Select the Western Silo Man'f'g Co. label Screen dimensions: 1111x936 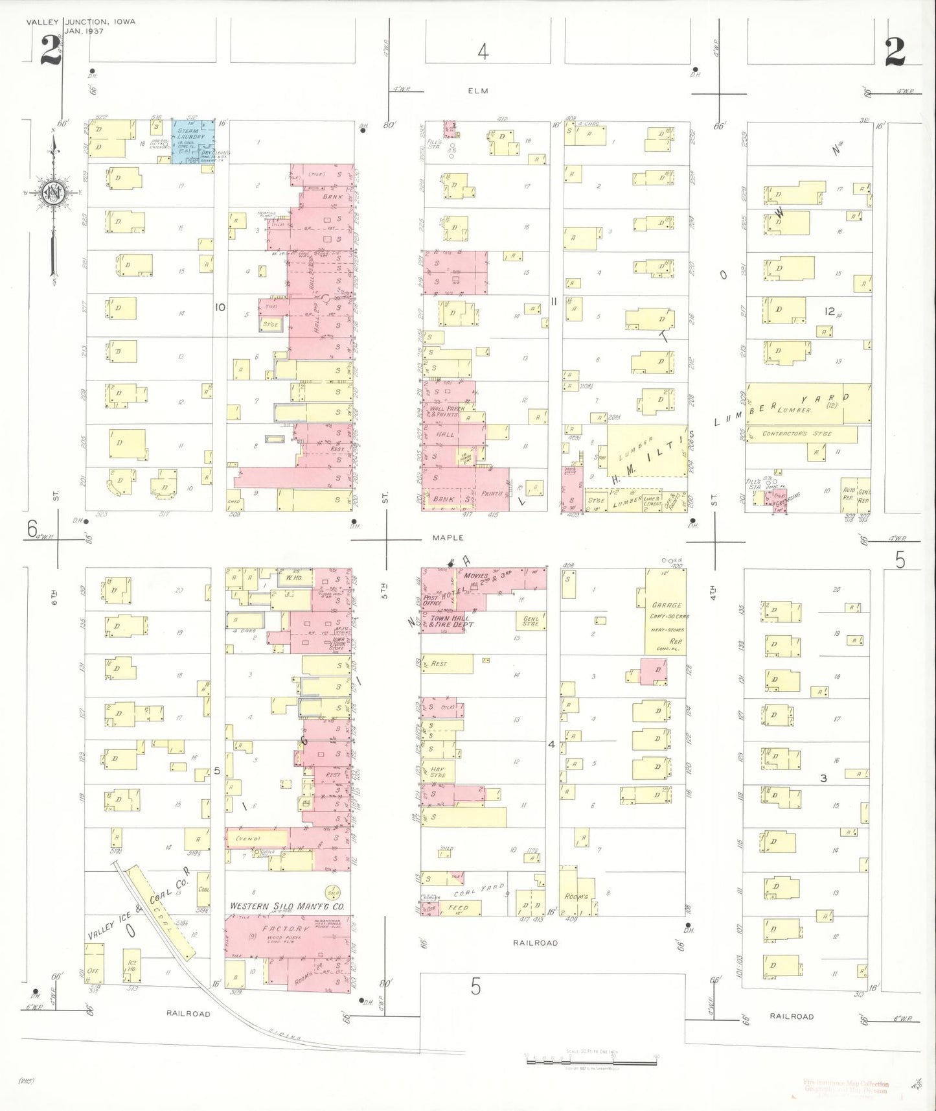tap(288, 906)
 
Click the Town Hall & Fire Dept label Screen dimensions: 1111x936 tap(451, 622)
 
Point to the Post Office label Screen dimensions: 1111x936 tap(432, 600)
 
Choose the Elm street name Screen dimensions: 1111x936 tap(478, 91)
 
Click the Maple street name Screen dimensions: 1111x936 tap(448, 537)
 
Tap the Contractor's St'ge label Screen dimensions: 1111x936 tap(797, 434)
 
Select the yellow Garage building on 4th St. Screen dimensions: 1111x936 tap(666, 612)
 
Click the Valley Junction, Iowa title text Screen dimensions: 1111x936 tap(81, 21)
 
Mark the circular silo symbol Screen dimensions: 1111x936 tap(334, 892)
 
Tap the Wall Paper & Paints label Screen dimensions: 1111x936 tap(446, 412)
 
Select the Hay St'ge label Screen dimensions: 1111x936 tap(438, 772)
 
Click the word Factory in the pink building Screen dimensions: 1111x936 tap(281, 929)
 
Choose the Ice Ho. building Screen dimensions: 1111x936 tap(132, 964)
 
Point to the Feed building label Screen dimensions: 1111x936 tap(458, 908)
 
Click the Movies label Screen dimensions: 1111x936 tap(476, 576)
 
